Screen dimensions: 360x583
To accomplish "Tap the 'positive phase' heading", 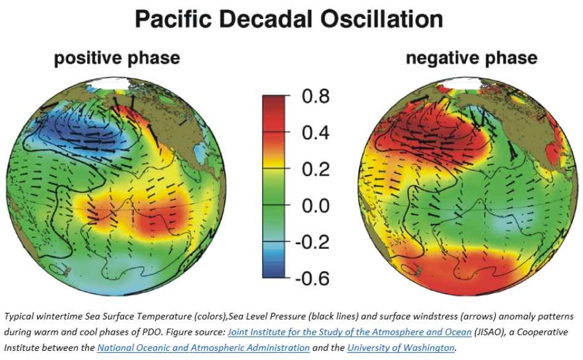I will [117, 58].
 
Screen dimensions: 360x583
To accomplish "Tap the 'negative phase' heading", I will [471, 58].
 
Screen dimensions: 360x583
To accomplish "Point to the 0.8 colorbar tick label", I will [317, 97].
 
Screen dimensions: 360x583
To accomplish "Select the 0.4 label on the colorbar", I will [317, 133].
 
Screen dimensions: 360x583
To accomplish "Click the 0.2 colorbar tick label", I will [317, 169].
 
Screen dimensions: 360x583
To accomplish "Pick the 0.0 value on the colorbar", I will [317, 205].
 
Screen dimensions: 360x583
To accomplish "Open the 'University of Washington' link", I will [401, 348].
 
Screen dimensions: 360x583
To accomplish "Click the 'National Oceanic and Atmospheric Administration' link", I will [203, 348].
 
